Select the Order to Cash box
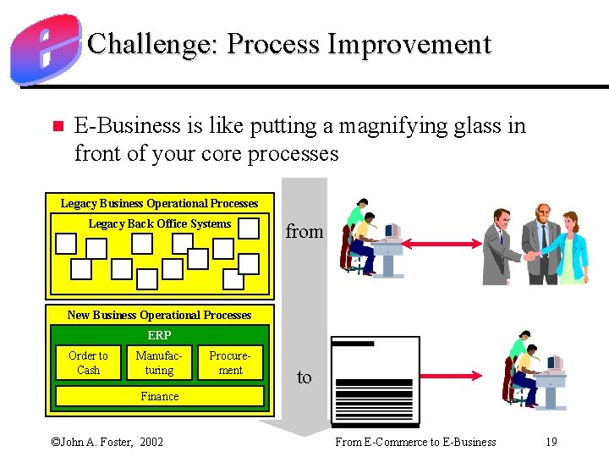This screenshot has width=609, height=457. coord(88,363)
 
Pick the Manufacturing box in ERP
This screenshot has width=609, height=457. coord(159,363)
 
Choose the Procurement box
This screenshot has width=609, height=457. coord(230,363)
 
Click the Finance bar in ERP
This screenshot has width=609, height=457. coord(159,396)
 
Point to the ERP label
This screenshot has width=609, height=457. coord(159,335)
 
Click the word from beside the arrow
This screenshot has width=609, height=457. coord(304,231)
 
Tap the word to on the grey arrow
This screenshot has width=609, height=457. coord(304,377)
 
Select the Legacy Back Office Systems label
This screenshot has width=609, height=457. coord(159,224)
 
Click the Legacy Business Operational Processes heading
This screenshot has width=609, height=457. coord(159,203)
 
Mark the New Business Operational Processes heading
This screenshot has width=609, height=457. coord(159,315)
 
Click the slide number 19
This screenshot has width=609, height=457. coord(551,442)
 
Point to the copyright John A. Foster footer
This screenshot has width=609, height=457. coord(107,442)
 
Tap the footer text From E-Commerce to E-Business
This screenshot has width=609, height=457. coord(415,442)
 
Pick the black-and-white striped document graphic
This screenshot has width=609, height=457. coord(375,381)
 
